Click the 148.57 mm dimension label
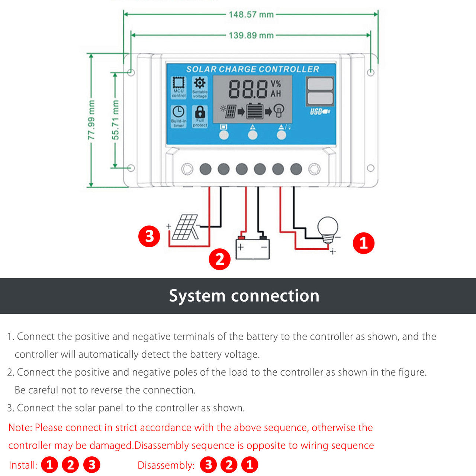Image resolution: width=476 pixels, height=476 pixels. tap(251, 15)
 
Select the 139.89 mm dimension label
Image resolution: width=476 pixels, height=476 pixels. tap(251, 35)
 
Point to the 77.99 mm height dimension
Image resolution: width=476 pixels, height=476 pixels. tap(91, 120)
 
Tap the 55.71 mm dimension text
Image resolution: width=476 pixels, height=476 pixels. tap(116, 120)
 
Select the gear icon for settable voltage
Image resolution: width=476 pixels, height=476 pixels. tap(200, 83)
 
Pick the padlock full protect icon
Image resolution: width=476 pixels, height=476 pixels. tap(200, 112)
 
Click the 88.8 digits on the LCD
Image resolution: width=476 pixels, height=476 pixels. tap(248, 89)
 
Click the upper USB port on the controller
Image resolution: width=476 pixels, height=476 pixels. tap(320, 84)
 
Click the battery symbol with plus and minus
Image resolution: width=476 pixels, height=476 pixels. tap(253, 248)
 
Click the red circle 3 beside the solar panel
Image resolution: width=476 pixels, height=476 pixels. tap(149, 236)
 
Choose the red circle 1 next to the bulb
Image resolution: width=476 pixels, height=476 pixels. tap(363, 243)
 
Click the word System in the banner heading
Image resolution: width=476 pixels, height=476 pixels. tap(197, 296)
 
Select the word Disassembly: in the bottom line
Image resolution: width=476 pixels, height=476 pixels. tap(166, 465)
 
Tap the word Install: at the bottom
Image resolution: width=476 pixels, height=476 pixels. tap(23, 465)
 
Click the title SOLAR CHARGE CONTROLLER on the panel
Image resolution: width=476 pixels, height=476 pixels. tap(253, 69)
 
